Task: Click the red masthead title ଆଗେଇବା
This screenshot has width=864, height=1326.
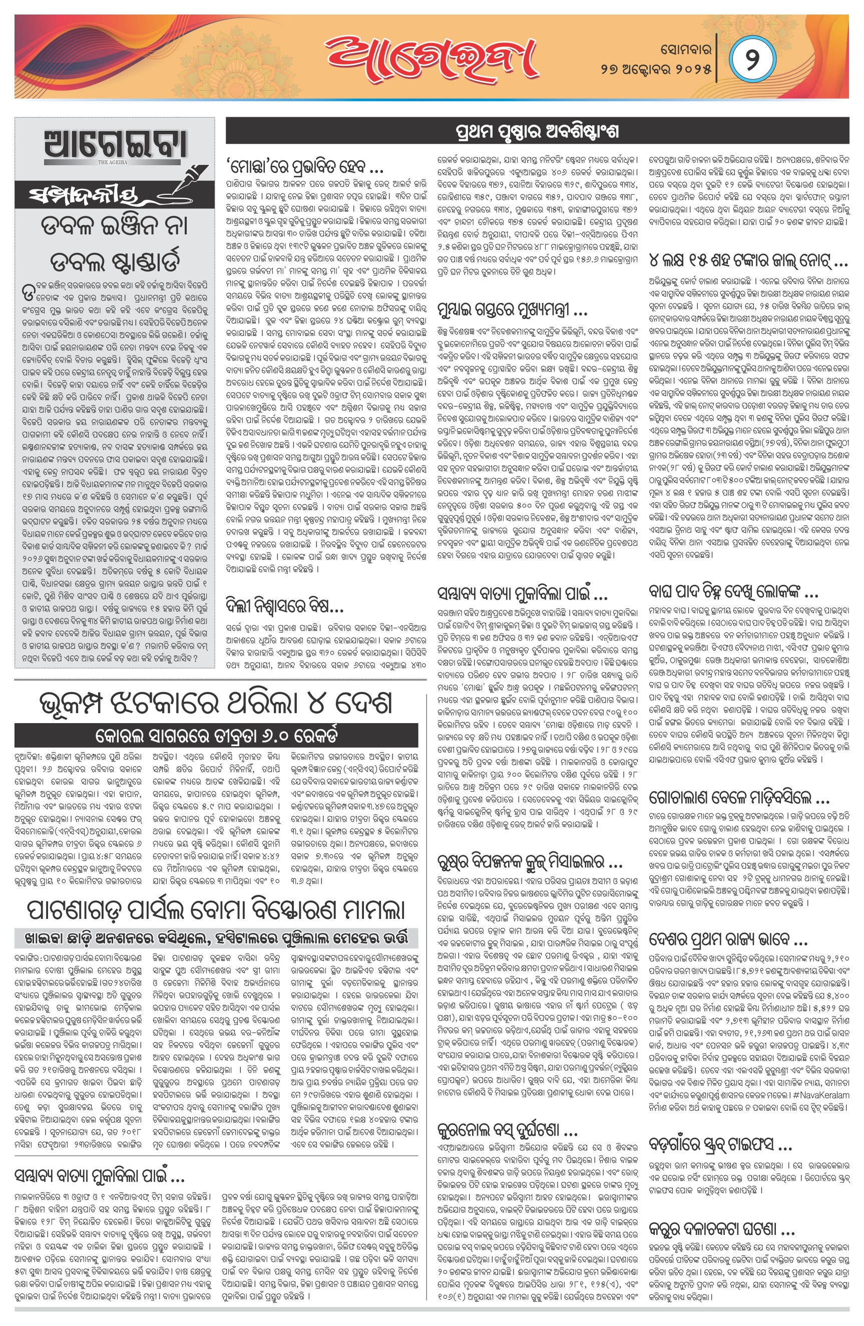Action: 431,58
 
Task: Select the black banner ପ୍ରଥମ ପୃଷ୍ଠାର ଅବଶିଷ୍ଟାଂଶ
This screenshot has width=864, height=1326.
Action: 537,132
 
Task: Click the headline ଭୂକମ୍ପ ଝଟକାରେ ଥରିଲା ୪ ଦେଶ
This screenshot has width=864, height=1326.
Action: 216,703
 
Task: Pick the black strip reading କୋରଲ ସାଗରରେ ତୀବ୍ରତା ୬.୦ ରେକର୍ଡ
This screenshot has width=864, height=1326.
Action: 216,735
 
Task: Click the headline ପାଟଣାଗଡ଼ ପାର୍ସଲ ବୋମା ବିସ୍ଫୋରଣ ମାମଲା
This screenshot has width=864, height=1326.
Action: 216,909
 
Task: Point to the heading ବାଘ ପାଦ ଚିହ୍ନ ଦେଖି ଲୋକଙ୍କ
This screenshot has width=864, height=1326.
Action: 732,592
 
